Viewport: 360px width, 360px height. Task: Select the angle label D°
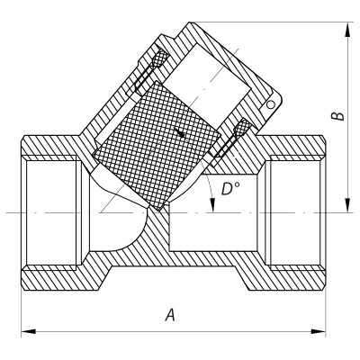click(x=231, y=190)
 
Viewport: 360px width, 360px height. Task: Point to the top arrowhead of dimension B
click(x=346, y=28)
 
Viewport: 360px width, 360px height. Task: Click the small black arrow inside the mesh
click(x=184, y=134)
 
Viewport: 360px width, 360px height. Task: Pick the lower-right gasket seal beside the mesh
click(x=236, y=139)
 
